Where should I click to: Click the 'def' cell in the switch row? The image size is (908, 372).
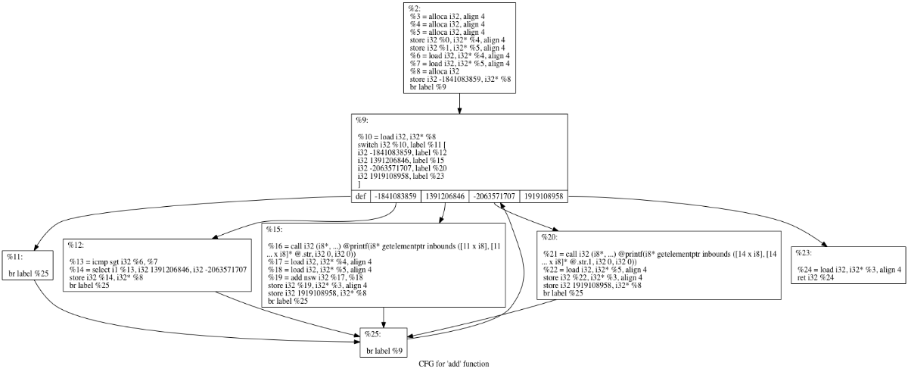click(x=361, y=196)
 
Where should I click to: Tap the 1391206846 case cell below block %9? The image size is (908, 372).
click(x=446, y=196)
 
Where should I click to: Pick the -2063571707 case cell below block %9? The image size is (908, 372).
click(x=494, y=196)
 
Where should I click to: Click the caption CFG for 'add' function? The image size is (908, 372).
click(x=453, y=364)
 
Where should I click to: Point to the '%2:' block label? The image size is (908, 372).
click(x=415, y=8)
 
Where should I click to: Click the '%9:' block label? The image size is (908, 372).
click(x=362, y=120)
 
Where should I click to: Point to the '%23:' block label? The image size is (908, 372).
click(x=804, y=252)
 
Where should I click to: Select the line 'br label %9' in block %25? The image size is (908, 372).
click(x=384, y=351)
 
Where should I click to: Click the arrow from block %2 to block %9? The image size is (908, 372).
click(x=459, y=105)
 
